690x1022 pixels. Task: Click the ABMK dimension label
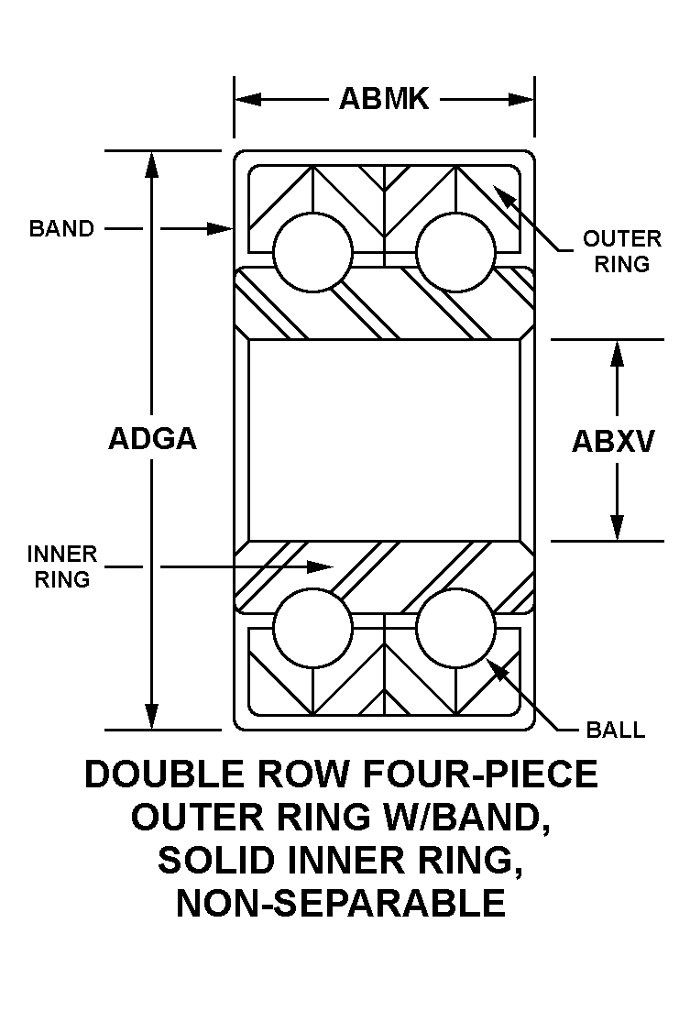383,99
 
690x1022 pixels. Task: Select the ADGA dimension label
152,439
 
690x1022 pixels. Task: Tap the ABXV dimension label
613,442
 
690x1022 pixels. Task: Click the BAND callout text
61,228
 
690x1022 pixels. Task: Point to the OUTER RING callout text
622,251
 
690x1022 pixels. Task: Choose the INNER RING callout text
62,566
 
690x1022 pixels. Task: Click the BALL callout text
616,731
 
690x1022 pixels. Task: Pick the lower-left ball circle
312,628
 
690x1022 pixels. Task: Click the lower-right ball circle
455,628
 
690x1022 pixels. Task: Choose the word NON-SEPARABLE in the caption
340,903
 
